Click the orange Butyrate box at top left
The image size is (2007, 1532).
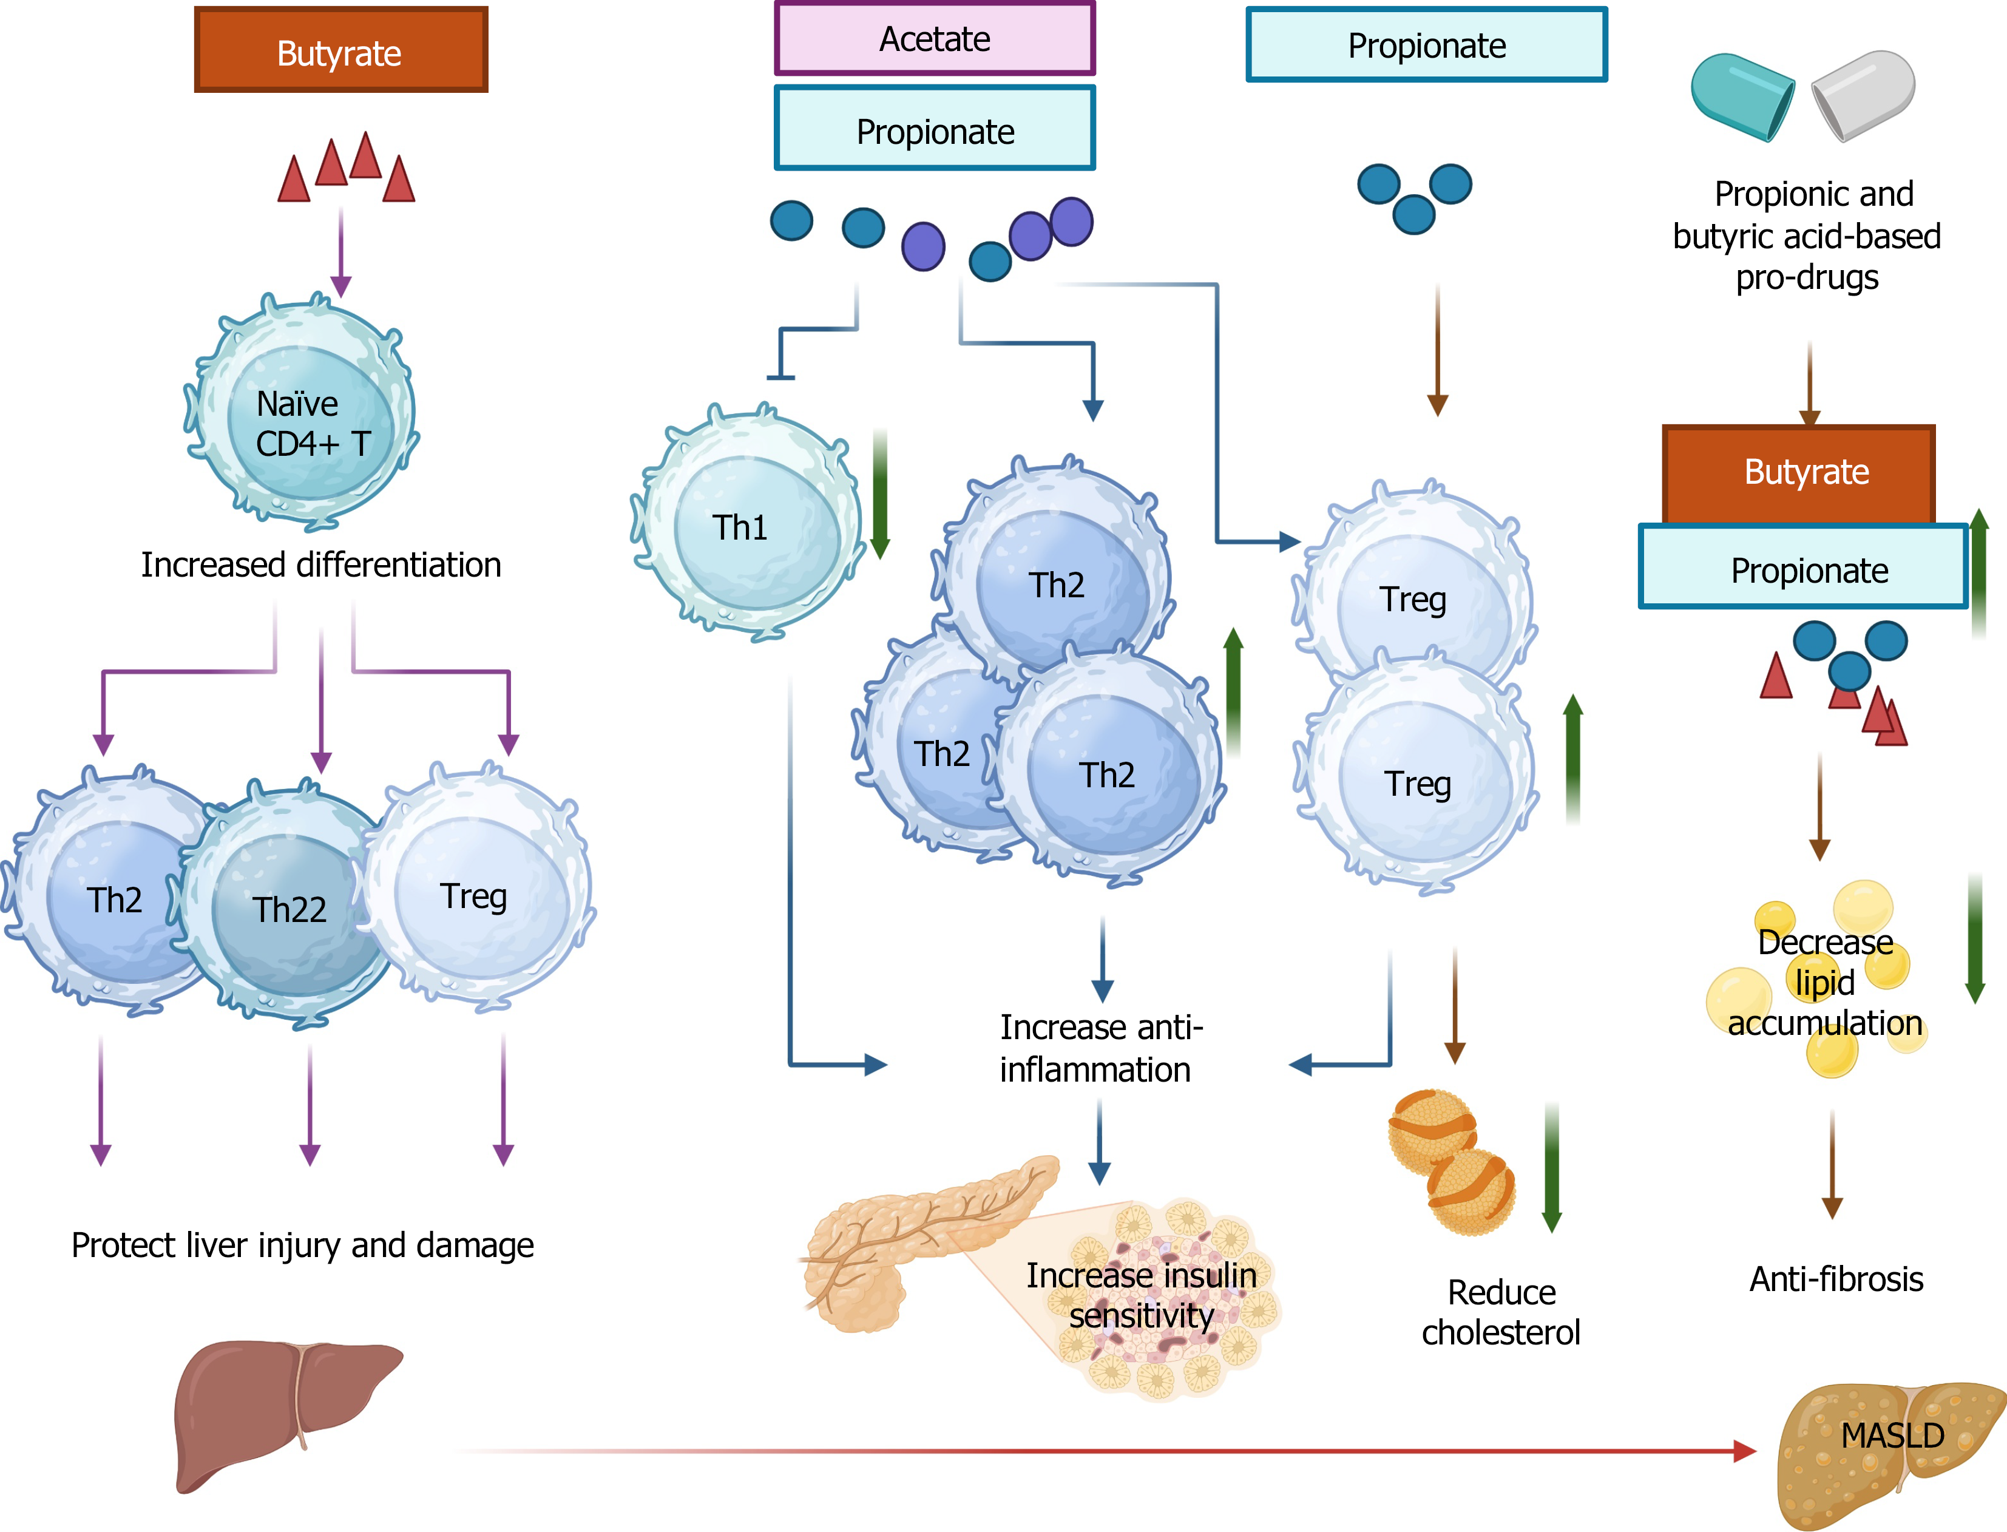[340, 51]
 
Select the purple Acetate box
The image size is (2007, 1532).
[934, 39]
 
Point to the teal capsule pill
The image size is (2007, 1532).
[1742, 96]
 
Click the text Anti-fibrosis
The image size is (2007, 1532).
[1836, 1279]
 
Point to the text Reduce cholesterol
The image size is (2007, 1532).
[1501, 1312]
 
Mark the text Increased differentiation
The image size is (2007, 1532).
[321, 564]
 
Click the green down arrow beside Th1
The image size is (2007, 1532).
[880, 497]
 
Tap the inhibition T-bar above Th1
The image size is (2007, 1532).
[780, 376]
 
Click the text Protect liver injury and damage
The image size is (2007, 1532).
[303, 1245]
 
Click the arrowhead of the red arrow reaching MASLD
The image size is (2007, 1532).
[1744, 1451]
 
